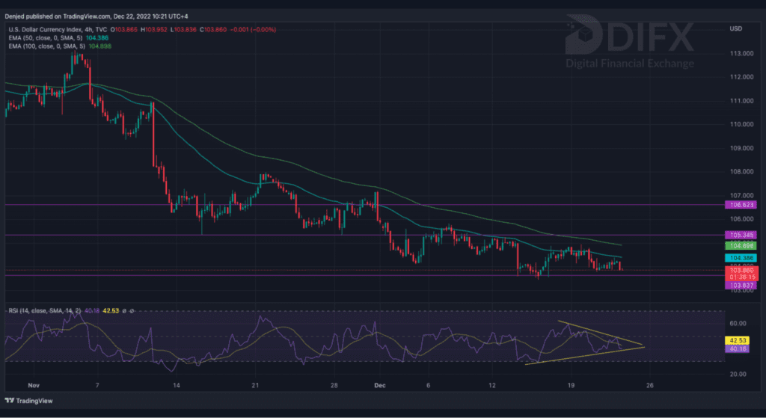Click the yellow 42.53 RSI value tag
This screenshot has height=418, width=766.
[x=737, y=340]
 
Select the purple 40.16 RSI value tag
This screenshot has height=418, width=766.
[x=737, y=348]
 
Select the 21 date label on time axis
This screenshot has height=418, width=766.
[x=254, y=385]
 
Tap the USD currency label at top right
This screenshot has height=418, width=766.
[x=735, y=28]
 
